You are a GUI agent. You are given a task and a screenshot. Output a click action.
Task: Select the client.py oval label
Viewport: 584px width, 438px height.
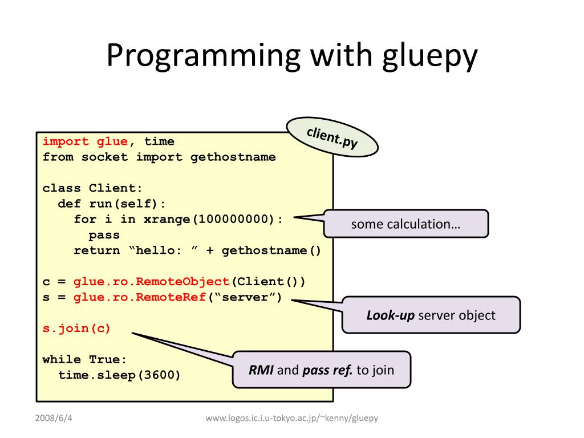332,137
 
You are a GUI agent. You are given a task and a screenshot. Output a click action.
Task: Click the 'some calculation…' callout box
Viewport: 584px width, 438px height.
405,224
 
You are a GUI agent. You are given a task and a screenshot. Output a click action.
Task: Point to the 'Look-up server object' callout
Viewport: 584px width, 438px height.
431,315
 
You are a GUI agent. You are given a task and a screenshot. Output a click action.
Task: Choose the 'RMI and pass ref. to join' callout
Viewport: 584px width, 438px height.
321,370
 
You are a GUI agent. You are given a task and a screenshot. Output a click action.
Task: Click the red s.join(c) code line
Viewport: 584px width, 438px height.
76,328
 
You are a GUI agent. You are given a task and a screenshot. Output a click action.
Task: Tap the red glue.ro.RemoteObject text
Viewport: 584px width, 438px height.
151,282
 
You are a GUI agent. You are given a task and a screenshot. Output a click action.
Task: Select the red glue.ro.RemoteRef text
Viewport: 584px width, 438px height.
139,297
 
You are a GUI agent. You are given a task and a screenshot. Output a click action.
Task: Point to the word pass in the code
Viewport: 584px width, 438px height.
104,235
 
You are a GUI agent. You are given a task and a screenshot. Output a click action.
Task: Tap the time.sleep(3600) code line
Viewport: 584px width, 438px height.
119,375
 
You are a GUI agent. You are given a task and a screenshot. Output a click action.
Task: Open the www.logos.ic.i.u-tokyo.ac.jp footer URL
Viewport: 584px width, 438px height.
292,418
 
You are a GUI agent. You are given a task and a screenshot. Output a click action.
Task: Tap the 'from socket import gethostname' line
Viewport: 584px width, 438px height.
159,157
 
